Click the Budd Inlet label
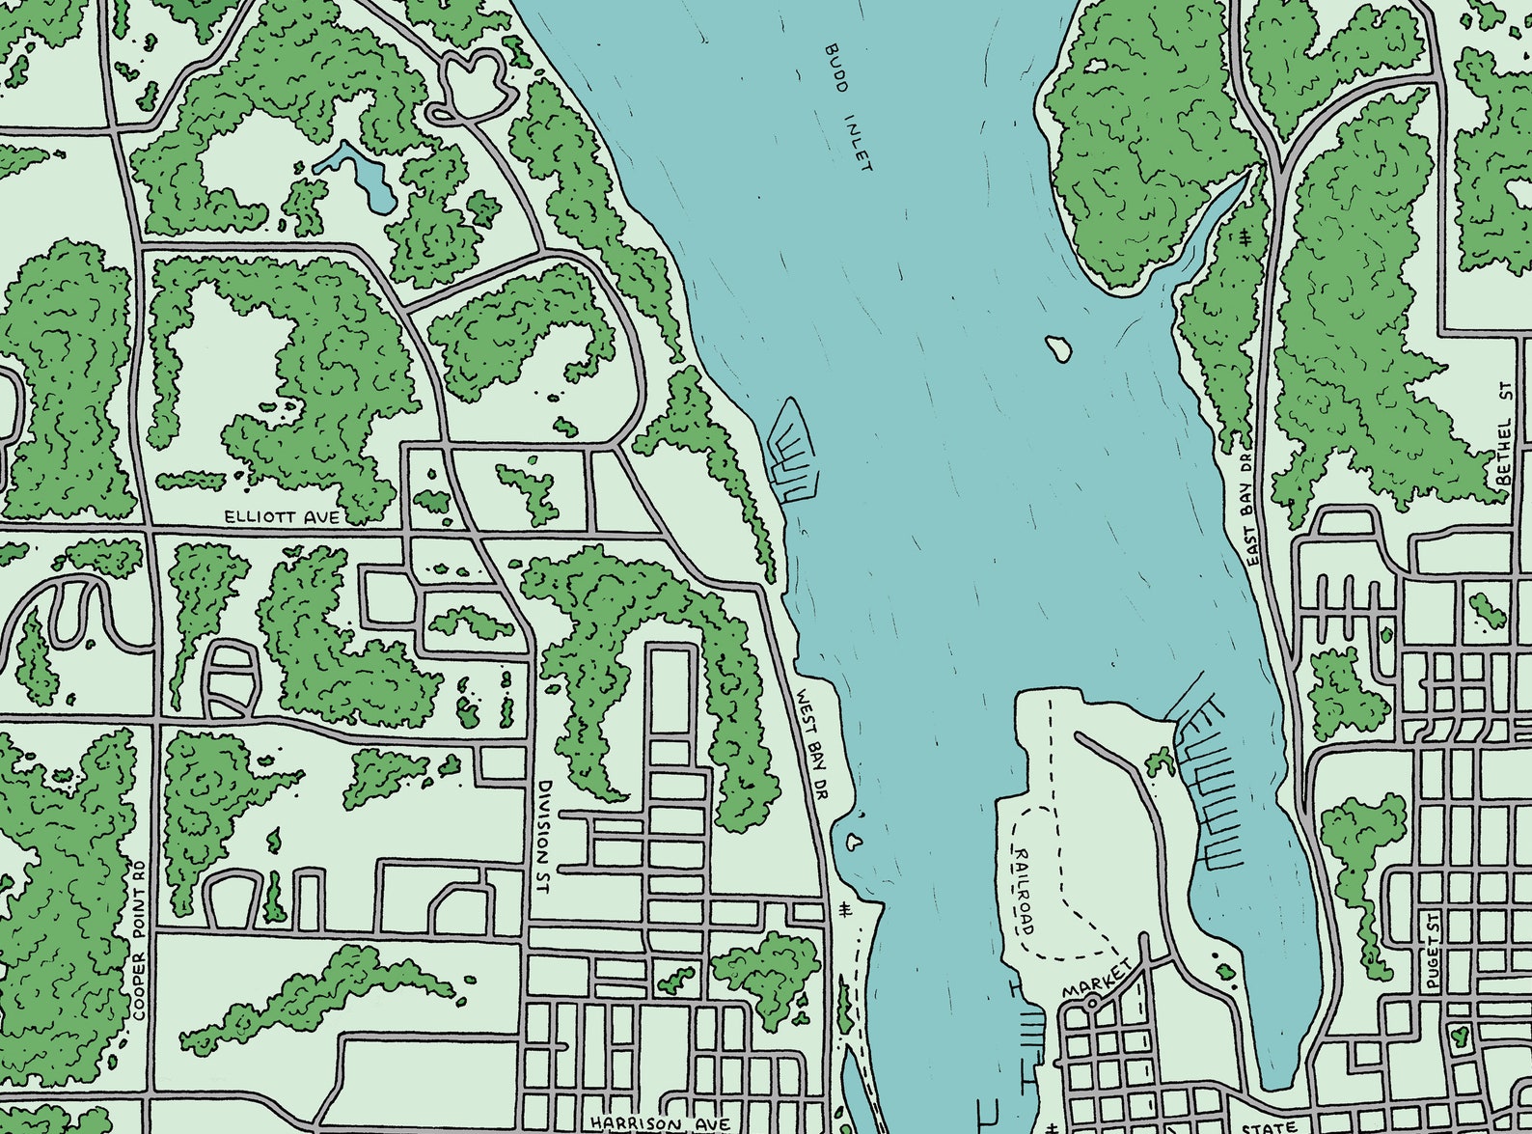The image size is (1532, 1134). [849, 107]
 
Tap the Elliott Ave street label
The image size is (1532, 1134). [282, 517]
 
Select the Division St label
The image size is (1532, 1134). [545, 836]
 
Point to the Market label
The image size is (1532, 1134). [1096, 979]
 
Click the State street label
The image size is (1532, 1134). [1270, 1126]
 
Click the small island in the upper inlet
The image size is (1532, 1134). [1058, 348]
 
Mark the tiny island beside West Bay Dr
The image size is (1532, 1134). [853, 842]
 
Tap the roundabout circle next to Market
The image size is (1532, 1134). [1090, 1004]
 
